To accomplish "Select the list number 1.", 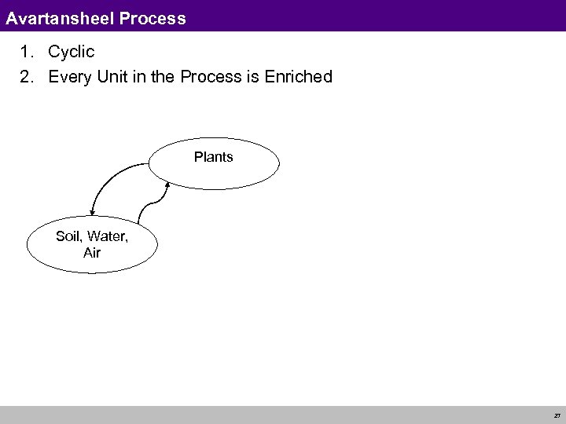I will click(x=26, y=53).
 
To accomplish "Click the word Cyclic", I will click(x=72, y=53).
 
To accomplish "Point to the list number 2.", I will click(x=26, y=77).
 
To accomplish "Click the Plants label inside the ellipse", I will click(x=214, y=157).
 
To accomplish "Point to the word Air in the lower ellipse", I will click(x=91, y=253).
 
